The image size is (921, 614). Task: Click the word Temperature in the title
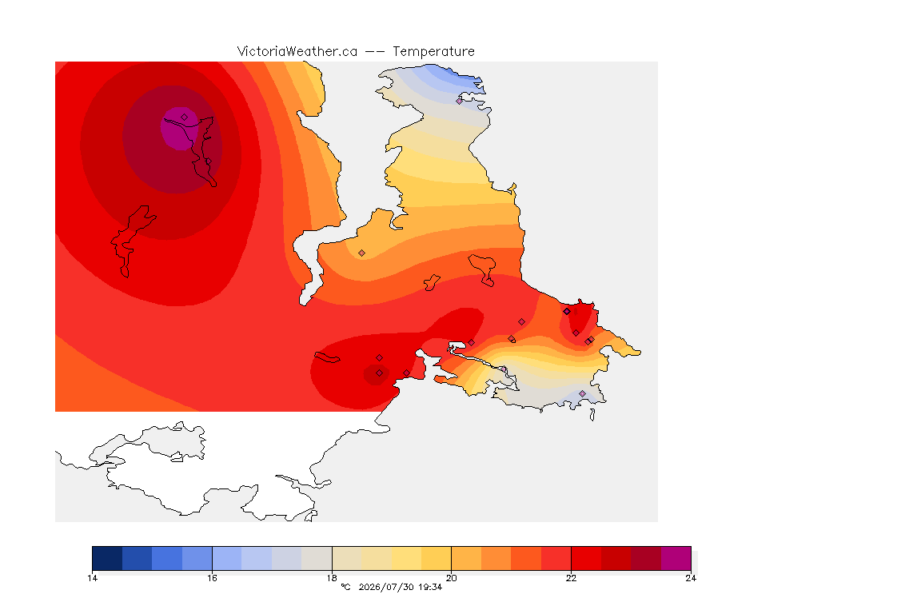[x=433, y=52]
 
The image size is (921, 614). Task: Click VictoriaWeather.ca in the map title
[x=297, y=52]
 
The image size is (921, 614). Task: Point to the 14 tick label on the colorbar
[x=92, y=578]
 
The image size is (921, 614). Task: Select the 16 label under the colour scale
[x=212, y=578]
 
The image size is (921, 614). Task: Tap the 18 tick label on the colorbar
[x=332, y=578]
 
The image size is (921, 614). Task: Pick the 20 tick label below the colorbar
[x=451, y=578]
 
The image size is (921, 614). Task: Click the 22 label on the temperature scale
[x=571, y=578]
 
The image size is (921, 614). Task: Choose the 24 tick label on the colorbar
[x=691, y=578]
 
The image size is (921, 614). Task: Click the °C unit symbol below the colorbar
[x=345, y=587]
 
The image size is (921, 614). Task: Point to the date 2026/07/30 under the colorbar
[x=385, y=587]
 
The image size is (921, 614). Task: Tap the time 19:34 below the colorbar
[x=430, y=587]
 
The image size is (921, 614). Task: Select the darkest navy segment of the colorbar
[x=107, y=558]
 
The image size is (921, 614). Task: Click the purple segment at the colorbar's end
[x=676, y=558]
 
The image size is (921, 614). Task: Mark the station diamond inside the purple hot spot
[x=185, y=118]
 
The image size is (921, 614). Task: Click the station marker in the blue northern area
[x=460, y=101]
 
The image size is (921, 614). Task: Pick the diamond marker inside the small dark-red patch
[x=380, y=373]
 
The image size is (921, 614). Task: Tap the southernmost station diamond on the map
[x=582, y=393]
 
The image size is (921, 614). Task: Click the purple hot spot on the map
[x=180, y=128]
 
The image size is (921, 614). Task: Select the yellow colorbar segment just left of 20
[x=437, y=558]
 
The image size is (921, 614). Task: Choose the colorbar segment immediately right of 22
[x=586, y=558]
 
